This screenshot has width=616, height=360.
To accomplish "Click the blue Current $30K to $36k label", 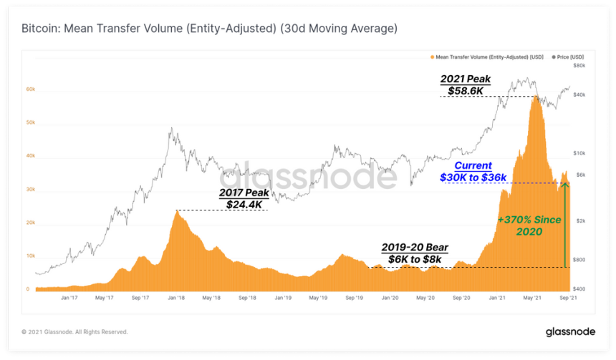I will coord(473,171).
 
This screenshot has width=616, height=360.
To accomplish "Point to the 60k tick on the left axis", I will coord(31,90).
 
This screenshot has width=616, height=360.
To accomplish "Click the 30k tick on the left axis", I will coord(31,190).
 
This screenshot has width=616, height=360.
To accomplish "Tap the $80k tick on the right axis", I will coord(581,65).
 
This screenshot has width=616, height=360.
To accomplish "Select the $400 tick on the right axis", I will coord(581,288).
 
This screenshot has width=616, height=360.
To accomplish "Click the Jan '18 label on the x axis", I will coord(175,296).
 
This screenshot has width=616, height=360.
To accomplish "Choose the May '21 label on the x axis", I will coord(532,296).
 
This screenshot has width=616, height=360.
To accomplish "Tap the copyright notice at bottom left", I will coord(74,332).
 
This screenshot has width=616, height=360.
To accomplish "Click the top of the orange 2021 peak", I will coord(534,97).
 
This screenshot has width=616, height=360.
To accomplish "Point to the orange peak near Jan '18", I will coord(177,210).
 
